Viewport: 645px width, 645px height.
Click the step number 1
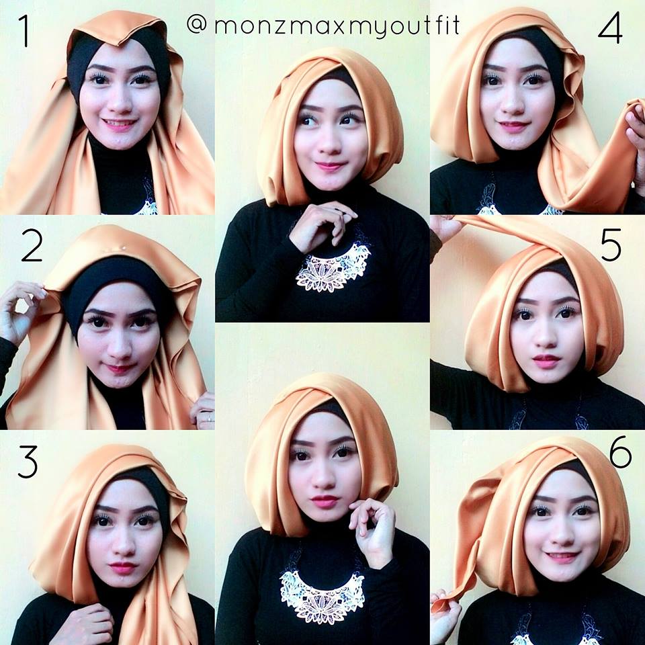(26, 31)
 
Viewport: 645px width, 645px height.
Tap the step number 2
(32, 246)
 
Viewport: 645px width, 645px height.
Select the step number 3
(28, 462)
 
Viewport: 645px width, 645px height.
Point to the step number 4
(610, 28)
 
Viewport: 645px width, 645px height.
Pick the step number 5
(611, 245)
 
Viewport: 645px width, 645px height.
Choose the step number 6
(620, 451)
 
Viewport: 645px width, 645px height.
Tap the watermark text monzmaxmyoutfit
(337, 26)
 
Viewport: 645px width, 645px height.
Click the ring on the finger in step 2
(209, 417)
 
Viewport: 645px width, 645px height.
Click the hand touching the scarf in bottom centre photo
(372, 531)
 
